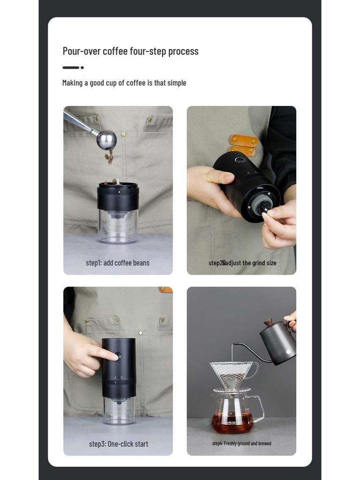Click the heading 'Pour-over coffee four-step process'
130,51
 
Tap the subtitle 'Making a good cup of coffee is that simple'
124,83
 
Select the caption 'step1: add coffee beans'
118,263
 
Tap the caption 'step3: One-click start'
119,444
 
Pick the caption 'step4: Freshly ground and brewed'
241,443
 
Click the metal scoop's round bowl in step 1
106,140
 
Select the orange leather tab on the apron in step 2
244,141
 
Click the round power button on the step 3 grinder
119,355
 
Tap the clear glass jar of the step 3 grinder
119,411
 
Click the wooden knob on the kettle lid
268,322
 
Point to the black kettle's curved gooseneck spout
248,351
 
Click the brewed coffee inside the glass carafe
232,423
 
